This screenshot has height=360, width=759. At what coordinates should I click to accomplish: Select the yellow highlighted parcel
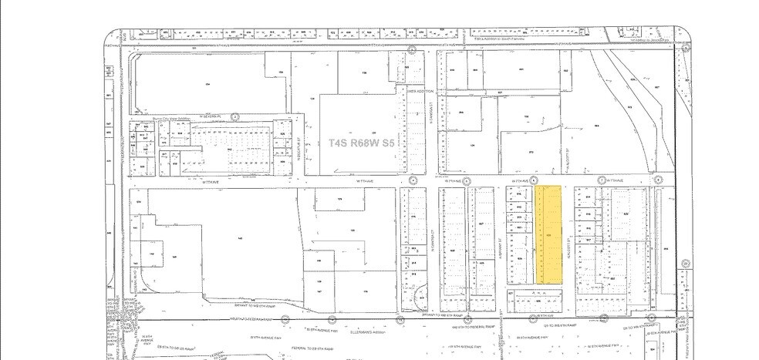548,234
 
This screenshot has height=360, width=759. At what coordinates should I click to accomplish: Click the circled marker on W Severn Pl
235,116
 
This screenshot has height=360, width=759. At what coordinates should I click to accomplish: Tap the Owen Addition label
422,91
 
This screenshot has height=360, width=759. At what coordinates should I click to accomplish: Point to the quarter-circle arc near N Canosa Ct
423,297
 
